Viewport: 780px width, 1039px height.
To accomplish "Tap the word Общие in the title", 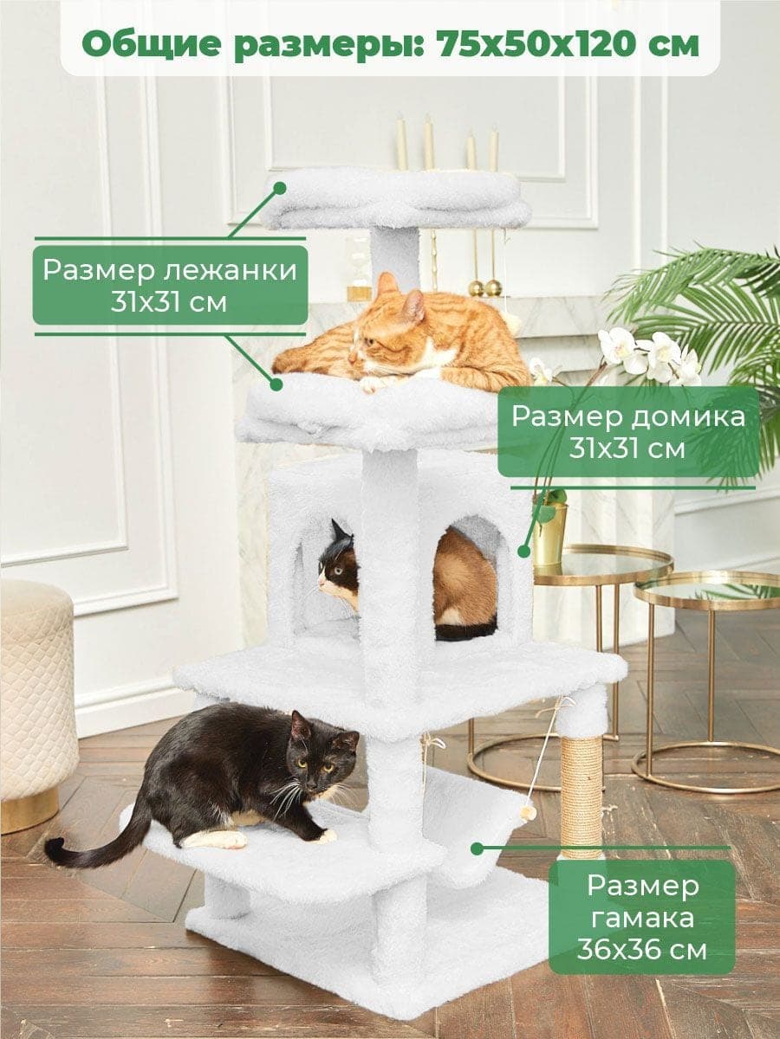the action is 160,45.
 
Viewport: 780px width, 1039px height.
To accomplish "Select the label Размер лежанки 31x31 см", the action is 169,285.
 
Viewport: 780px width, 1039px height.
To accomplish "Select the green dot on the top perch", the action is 280,188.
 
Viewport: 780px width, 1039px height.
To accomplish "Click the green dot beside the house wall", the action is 523,551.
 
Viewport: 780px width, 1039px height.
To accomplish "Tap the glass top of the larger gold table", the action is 602,565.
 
